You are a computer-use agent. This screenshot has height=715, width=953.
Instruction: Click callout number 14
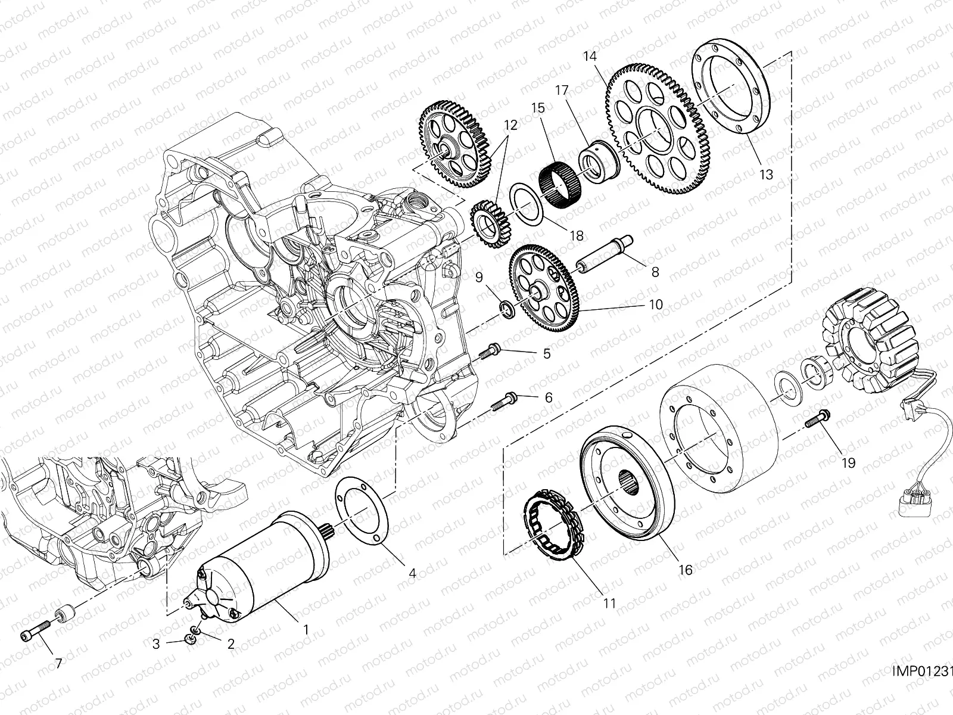[590, 57]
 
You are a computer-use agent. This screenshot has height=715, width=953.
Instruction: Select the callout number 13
[766, 175]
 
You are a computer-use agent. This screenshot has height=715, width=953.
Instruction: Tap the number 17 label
[562, 90]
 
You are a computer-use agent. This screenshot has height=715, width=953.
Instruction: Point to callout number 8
[655, 272]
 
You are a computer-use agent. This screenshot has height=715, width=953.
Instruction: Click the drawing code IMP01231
[922, 672]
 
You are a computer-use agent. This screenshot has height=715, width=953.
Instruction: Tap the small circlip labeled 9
[507, 310]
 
